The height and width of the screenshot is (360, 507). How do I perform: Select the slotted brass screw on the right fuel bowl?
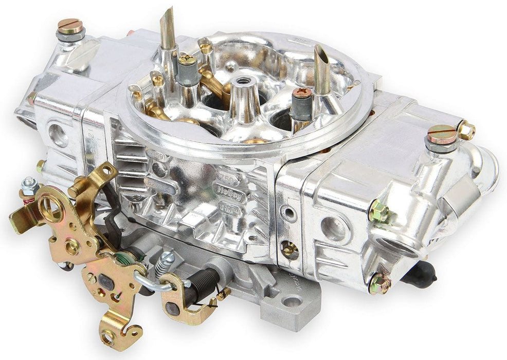point(441,134)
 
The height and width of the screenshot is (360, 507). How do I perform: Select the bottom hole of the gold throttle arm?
point(108,337)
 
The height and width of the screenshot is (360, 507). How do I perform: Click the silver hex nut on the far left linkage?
point(30,183)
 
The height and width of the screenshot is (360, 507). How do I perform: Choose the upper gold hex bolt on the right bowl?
point(378,210)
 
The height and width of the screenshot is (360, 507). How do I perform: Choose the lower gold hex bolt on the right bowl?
point(379,283)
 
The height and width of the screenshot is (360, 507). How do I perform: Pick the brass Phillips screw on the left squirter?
point(188,59)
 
